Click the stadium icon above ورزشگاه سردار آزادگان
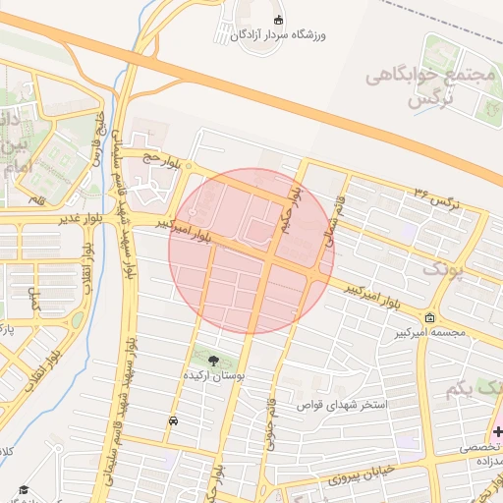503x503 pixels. coord(278,21)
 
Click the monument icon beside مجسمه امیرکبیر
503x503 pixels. coord(430,317)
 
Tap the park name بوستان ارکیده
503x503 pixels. coord(214,376)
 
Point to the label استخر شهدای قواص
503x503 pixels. coord(347,405)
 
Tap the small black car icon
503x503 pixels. coord(173,420)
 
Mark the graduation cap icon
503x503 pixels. coord(23,489)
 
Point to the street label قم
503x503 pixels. coord(37,199)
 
